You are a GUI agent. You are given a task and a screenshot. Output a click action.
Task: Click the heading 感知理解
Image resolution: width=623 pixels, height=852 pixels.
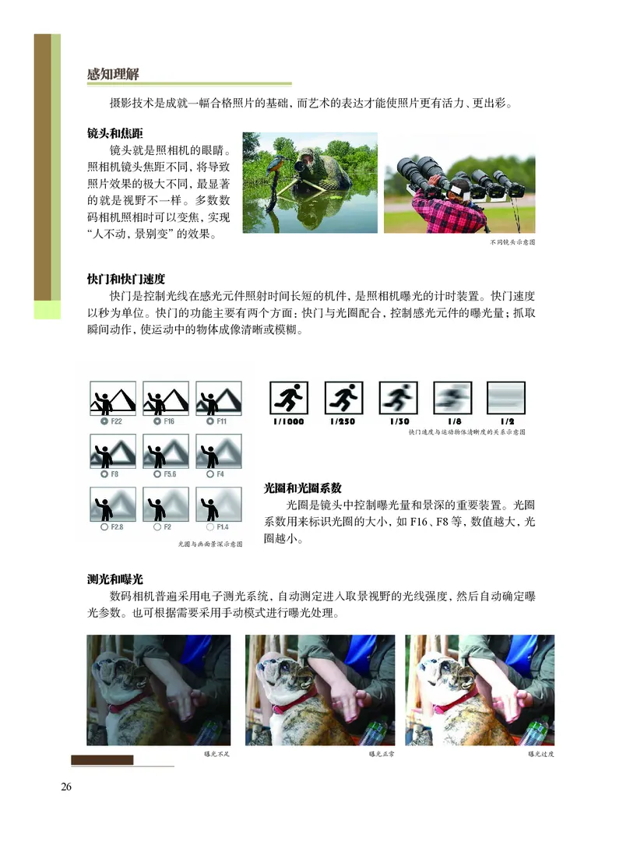114,75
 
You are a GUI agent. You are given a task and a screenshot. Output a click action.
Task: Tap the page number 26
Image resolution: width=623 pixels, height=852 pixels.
66,787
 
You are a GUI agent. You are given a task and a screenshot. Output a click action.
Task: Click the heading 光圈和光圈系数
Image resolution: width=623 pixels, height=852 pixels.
303,488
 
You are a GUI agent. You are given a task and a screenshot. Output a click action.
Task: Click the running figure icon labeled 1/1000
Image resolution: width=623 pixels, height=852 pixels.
289,398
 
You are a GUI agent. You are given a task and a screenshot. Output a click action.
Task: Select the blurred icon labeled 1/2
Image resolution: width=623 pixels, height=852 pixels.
506,398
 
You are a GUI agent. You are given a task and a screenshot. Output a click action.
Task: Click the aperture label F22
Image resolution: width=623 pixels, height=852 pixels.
116,421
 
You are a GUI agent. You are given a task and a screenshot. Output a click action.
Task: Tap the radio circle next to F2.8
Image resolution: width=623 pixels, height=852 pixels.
104,527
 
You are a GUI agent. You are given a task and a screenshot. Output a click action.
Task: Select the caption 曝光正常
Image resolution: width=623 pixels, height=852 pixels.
382,754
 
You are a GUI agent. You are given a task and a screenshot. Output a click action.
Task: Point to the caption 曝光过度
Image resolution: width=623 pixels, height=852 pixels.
540,754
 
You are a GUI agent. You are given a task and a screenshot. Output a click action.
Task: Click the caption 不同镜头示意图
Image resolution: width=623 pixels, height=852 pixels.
512,242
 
